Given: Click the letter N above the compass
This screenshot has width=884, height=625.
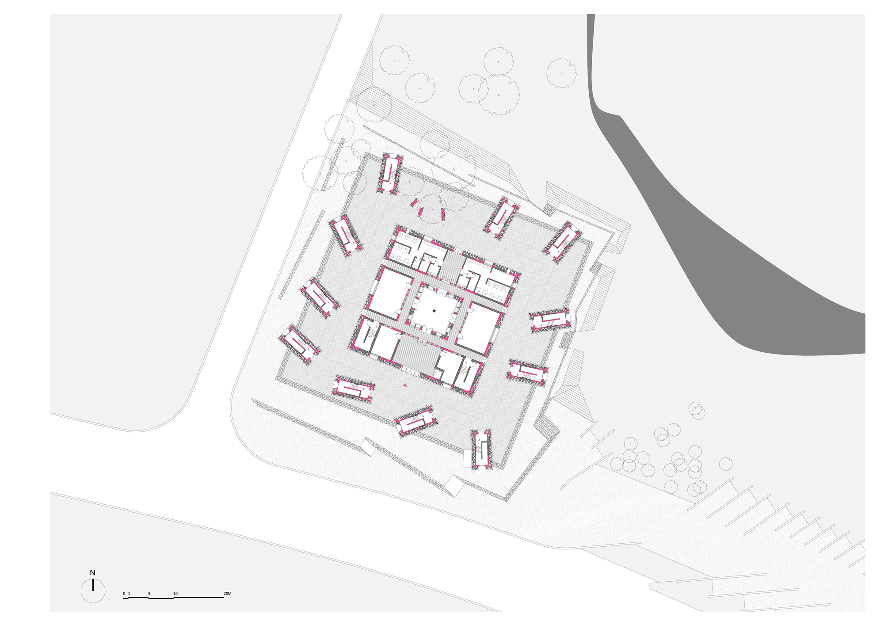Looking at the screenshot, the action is (93, 573).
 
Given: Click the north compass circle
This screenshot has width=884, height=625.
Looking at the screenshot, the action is (93, 591).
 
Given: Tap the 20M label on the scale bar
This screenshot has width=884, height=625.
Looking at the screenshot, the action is (228, 594).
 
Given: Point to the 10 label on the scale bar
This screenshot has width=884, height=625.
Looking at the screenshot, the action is (175, 594).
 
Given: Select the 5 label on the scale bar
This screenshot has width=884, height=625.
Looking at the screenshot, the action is (149, 594).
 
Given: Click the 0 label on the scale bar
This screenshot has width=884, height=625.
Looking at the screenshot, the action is (124, 594).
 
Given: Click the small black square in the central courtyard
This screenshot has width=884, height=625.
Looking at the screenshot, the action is (434, 311).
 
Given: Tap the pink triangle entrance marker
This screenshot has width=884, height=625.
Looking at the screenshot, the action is (404, 385).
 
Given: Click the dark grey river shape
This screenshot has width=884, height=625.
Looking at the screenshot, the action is (725, 230).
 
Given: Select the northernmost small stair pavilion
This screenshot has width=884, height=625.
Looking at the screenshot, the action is (390, 173).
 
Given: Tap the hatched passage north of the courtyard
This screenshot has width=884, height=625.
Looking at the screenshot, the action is (452, 265).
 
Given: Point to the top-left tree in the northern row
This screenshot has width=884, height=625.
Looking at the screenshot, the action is (394, 60).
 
